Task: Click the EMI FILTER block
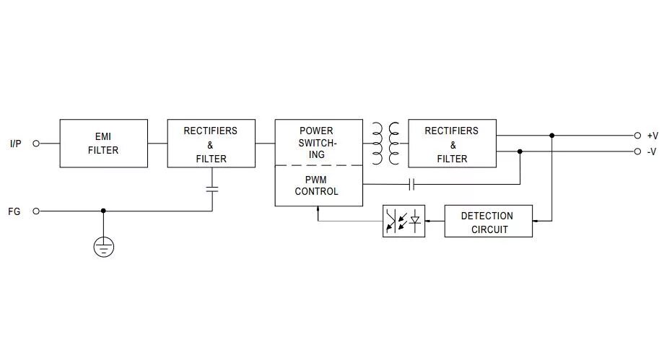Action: coord(103,144)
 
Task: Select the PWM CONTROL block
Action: coord(318,186)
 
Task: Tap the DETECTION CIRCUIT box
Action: coord(488,221)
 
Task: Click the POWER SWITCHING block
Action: coord(318,142)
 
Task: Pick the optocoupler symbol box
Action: coord(403,221)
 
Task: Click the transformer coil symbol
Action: coord(385,143)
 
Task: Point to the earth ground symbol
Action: coord(104,247)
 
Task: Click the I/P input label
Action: coord(16,144)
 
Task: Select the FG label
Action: coord(14,211)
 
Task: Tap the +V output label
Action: coord(653,136)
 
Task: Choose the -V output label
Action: coord(652,152)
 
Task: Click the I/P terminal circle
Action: coord(36,144)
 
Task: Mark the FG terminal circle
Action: coord(36,211)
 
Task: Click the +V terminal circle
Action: coord(637,136)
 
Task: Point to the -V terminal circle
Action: coord(637,152)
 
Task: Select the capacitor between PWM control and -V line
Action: coord(411,185)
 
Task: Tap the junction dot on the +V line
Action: coord(552,136)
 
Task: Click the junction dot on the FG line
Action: coord(104,211)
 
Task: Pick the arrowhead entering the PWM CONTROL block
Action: coord(318,209)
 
